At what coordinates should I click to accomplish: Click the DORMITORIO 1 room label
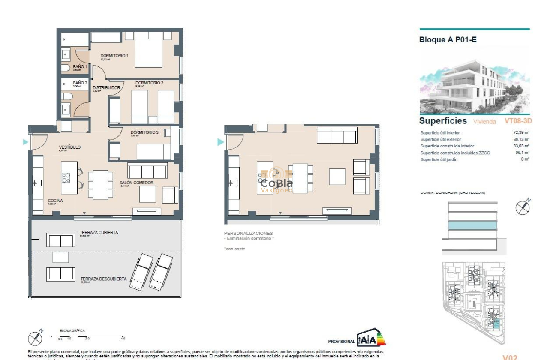point(114,56)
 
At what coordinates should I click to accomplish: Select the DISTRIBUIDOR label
point(106,88)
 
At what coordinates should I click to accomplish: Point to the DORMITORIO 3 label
point(144,132)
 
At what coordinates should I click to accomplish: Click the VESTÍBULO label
point(69,147)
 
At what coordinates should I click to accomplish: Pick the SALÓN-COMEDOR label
point(136,183)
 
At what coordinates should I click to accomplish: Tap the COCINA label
point(55,201)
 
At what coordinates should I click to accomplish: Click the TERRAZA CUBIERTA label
point(99,233)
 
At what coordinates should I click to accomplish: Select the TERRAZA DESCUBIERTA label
point(103,279)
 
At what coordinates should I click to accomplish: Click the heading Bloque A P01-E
point(448,40)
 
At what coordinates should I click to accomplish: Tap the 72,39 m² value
point(522,133)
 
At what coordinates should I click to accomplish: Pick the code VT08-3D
point(518,121)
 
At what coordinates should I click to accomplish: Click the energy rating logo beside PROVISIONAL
point(371,338)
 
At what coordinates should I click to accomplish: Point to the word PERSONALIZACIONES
point(248,234)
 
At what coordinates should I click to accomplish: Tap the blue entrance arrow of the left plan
point(26,142)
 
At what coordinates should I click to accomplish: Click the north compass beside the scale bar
point(35,338)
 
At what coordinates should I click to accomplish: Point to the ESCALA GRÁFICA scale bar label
point(72,330)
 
